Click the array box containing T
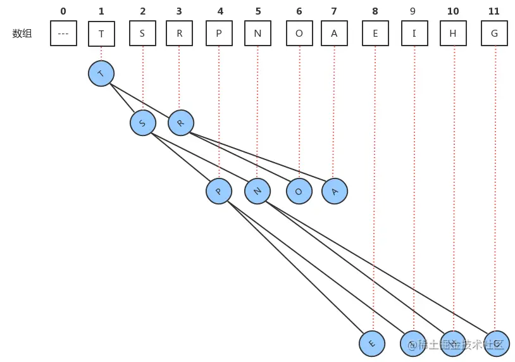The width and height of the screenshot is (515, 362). pyautogui.click(x=101, y=34)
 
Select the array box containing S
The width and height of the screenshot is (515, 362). pyautogui.click(x=142, y=34)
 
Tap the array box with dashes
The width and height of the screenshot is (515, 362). pyautogui.click(x=63, y=34)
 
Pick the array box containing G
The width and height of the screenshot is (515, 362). pyautogui.click(x=494, y=34)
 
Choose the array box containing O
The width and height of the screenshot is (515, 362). pyautogui.click(x=299, y=34)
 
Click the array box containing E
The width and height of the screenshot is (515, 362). pyautogui.click(x=375, y=34)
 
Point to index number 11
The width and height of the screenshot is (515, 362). pyautogui.click(x=494, y=11)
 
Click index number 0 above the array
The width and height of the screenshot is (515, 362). pyautogui.click(x=63, y=11)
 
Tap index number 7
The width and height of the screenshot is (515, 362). pyautogui.click(x=333, y=11)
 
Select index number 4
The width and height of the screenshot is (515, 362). pyautogui.click(x=220, y=11)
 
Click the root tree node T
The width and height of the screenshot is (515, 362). pyautogui.click(x=101, y=74)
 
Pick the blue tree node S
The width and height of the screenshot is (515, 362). pyautogui.click(x=143, y=123)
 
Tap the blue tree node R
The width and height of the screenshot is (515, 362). pyautogui.click(x=181, y=123)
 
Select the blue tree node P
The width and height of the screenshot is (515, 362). pyautogui.click(x=219, y=191)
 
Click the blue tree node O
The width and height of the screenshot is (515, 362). pyautogui.click(x=299, y=191)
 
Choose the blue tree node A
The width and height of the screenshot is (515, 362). pyautogui.click(x=335, y=191)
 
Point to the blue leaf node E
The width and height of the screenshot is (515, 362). pyautogui.click(x=372, y=344)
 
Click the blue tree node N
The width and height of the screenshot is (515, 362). pyautogui.click(x=257, y=191)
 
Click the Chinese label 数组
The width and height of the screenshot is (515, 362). pyautogui.click(x=22, y=34)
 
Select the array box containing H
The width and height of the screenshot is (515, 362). pyautogui.click(x=453, y=34)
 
